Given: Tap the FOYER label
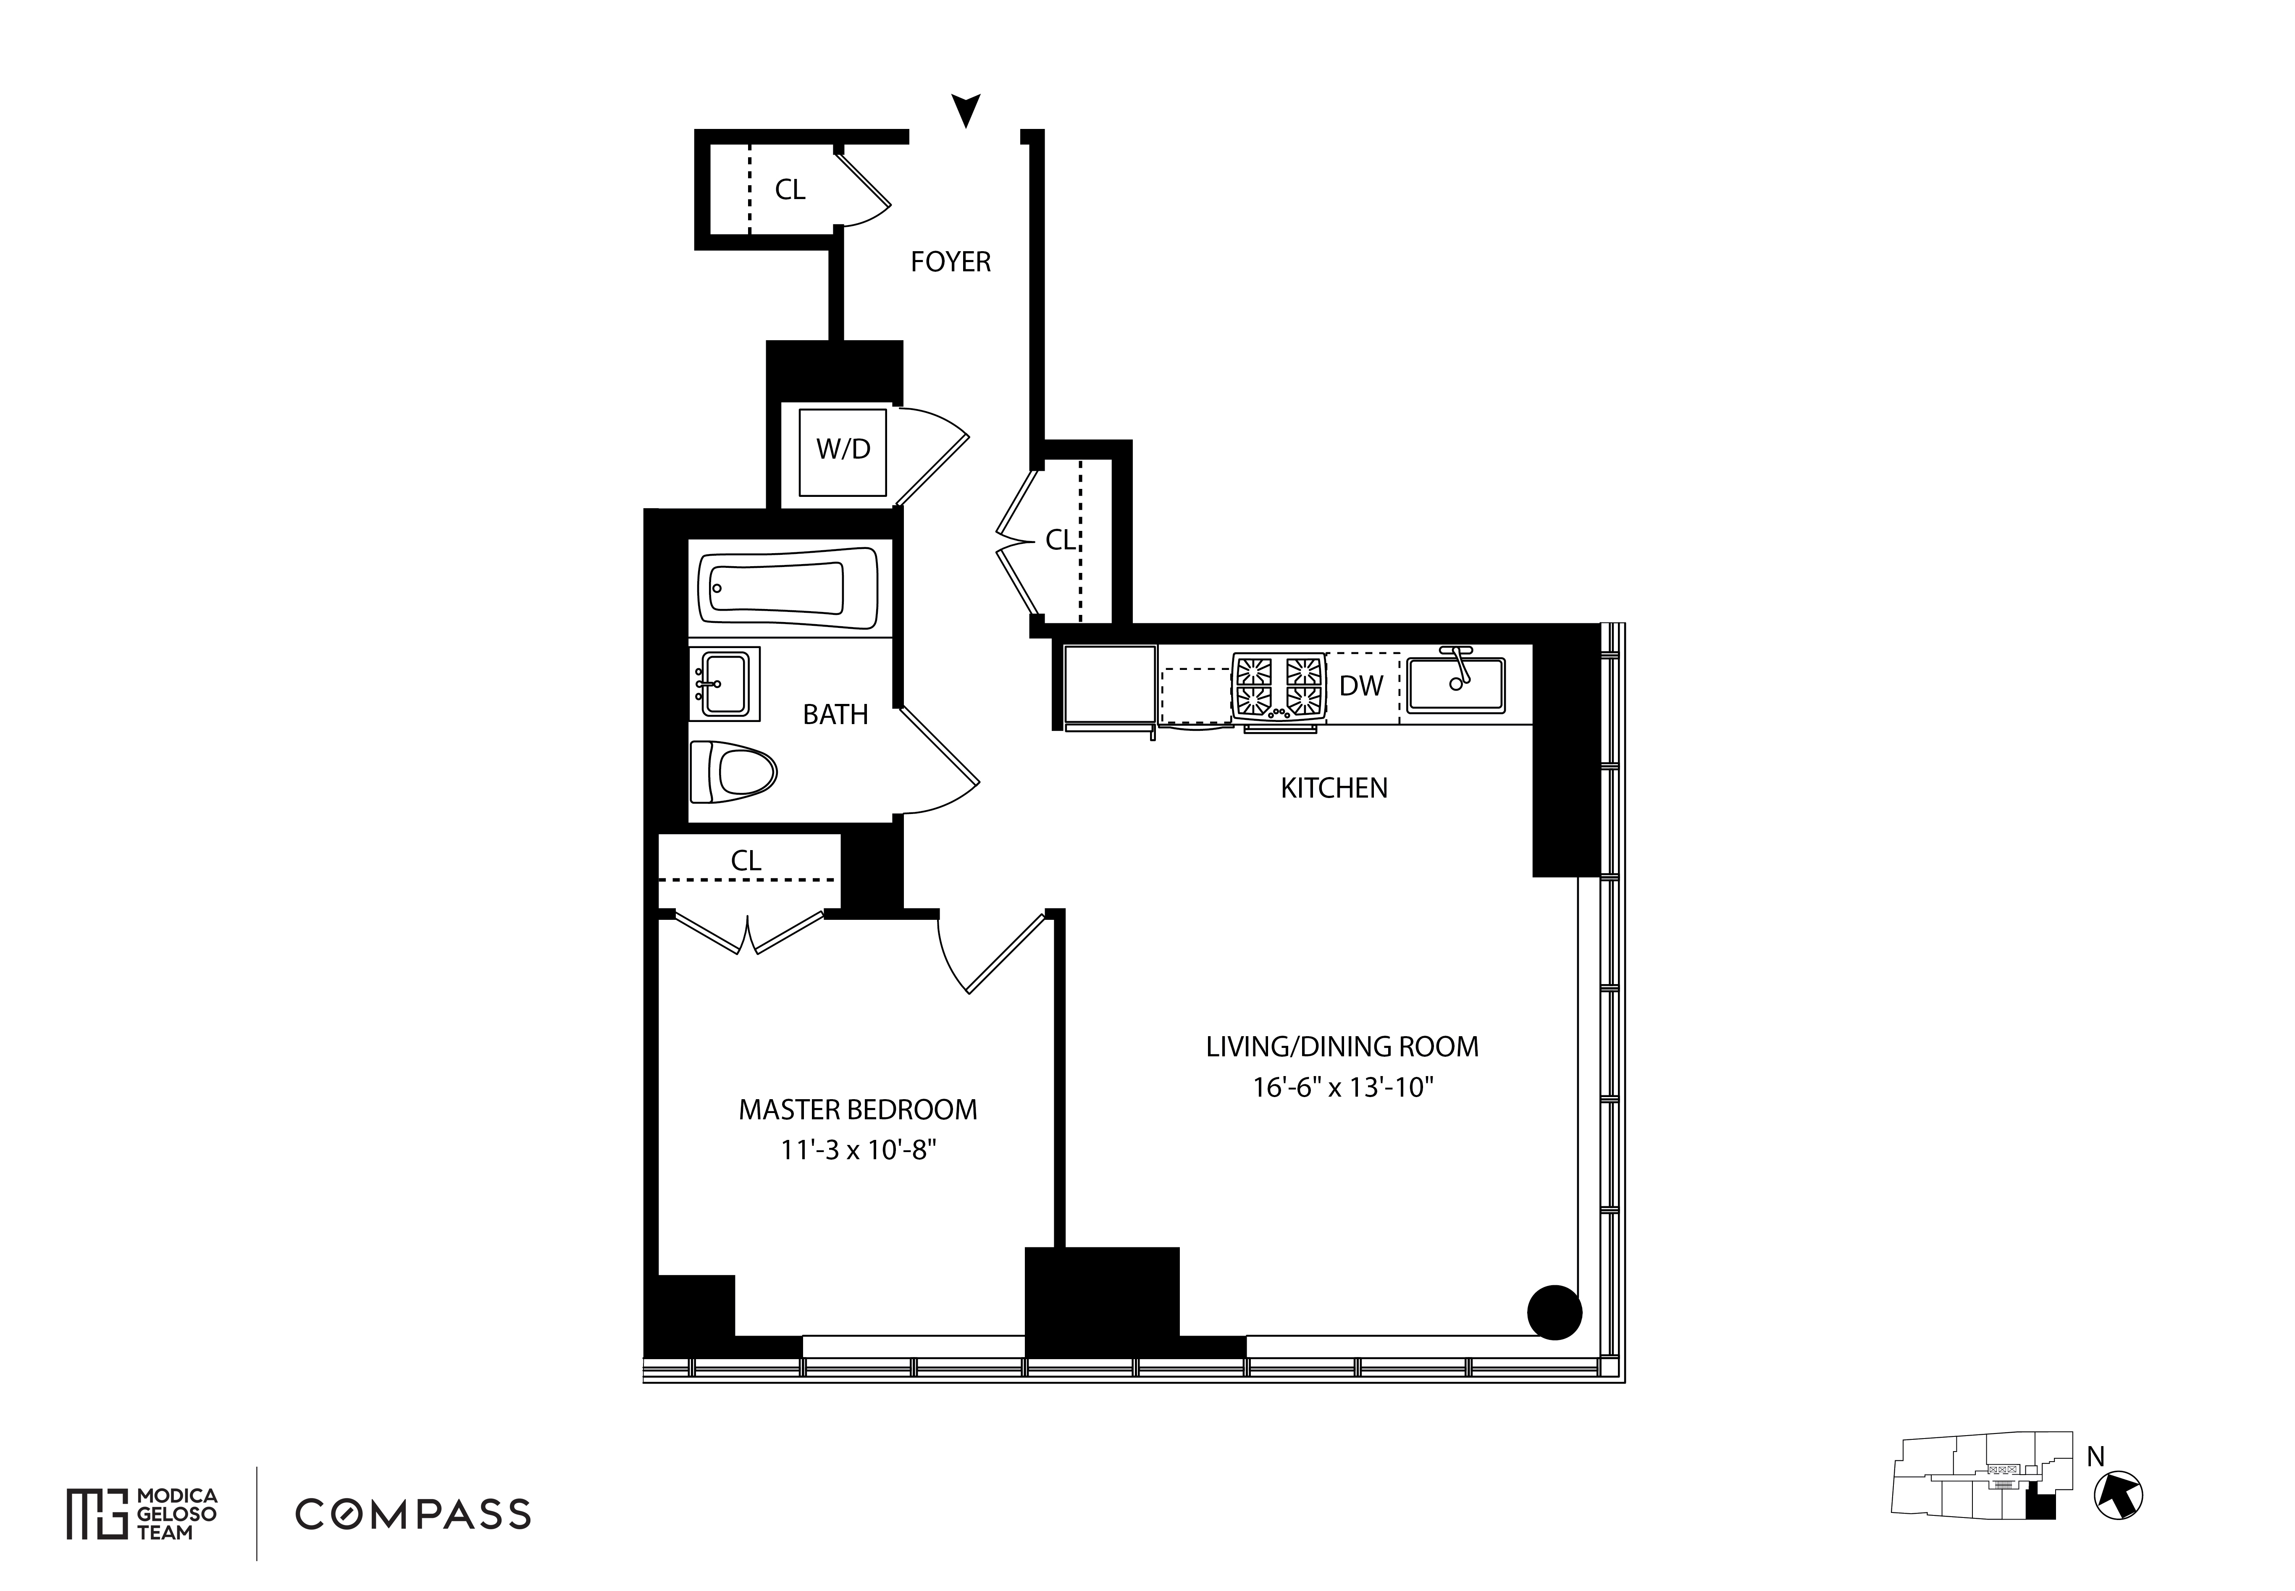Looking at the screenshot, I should (950, 262).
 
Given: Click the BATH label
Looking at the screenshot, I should (835, 715).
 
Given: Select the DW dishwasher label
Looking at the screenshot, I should (1361, 686).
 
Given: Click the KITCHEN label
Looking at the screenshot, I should (1333, 788).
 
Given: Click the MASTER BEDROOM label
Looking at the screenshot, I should (857, 1110).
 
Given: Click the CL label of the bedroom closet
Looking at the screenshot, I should (746, 860).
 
